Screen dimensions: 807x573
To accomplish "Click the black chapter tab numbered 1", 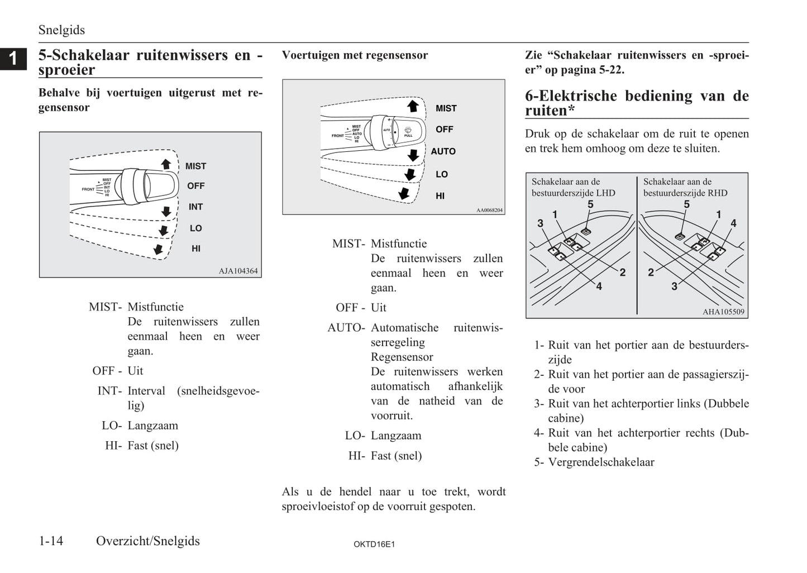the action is [13, 59].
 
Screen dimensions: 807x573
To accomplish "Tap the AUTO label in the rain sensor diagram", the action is [443, 151].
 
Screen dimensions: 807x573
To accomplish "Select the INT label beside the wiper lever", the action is [195, 207].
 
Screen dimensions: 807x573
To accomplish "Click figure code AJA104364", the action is [238, 271].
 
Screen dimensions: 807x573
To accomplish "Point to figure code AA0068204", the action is [489, 210].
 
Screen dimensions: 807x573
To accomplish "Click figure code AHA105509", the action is [723, 312].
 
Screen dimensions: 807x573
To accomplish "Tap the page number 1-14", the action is [51, 541].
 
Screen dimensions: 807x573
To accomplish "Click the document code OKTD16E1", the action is [374, 544].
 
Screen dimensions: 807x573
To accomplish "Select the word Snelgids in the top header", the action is [61, 30].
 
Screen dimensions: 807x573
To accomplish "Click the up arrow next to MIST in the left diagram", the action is [166, 164].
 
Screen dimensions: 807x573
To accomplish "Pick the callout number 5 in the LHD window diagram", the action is [590, 204].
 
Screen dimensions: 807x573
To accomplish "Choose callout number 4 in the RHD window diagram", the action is [733, 223].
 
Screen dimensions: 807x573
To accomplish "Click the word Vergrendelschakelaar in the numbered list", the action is [601, 462].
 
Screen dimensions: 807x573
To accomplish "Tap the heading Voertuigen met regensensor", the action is [355, 55].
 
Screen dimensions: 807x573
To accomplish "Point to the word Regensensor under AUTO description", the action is [402, 357].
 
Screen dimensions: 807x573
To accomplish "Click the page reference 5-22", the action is [611, 70].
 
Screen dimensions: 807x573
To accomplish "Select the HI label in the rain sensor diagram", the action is [440, 196].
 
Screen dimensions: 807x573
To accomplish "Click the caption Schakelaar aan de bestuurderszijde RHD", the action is [685, 188].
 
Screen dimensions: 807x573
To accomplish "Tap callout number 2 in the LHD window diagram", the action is [623, 273].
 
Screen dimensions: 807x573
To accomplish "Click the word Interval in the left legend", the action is [146, 390].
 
